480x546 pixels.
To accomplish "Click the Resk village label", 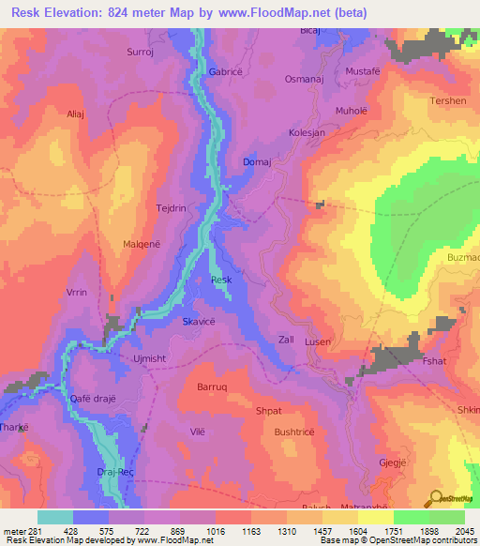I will (221, 280).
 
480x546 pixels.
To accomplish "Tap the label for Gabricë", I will (226, 71).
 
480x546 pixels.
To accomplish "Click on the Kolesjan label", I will (307, 133).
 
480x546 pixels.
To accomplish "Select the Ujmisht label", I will (150, 358).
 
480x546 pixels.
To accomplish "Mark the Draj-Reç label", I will (116, 472).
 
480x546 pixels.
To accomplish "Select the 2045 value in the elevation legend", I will (463, 532).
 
